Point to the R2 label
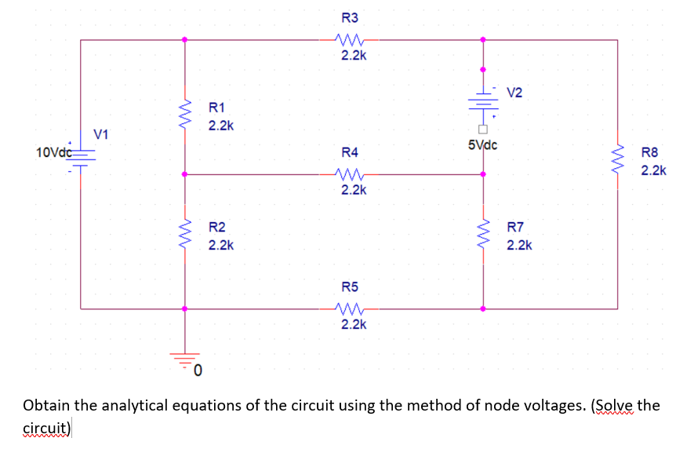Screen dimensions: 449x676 [x=216, y=227]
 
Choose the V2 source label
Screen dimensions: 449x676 [x=514, y=93]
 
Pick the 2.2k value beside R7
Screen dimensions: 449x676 [x=519, y=246]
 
